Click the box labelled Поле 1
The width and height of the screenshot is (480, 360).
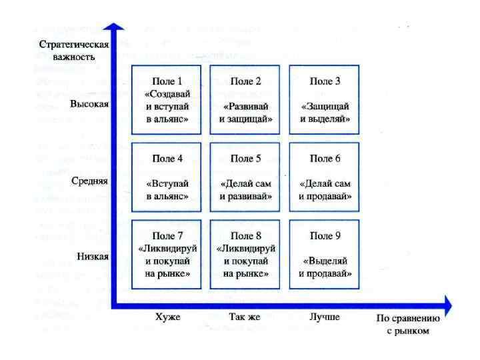click(x=167, y=100)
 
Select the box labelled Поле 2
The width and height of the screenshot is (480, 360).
click(x=245, y=100)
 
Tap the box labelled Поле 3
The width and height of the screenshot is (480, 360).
click(x=325, y=100)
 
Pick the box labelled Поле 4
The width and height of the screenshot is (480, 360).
click(x=167, y=177)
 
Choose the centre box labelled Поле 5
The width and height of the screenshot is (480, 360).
click(x=245, y=177)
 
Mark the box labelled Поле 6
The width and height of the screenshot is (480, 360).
click(x=325, y=177)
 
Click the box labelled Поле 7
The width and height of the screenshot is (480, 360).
click(x=167, y=255)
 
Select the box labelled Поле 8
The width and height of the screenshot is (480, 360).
click(x=245, y=255)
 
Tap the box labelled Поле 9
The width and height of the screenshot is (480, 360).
click(x=325, y=255)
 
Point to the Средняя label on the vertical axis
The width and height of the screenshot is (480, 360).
click(x=89, y=181)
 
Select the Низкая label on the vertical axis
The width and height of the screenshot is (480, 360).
click(x=92, y=257)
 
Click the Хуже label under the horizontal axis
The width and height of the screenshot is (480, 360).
click(x=167, y=317)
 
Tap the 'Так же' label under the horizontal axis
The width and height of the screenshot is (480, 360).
click(x=245, y=317)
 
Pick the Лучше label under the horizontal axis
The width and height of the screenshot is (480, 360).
click(x=325, y=317)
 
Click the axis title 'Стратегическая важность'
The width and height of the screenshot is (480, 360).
click(x=73, y=51)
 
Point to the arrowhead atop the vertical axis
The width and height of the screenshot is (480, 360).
click(x=117, y=29)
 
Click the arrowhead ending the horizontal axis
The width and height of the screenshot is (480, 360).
click(x=446, y=305)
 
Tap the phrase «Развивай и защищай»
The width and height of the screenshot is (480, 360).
click(x=245, y=113)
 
